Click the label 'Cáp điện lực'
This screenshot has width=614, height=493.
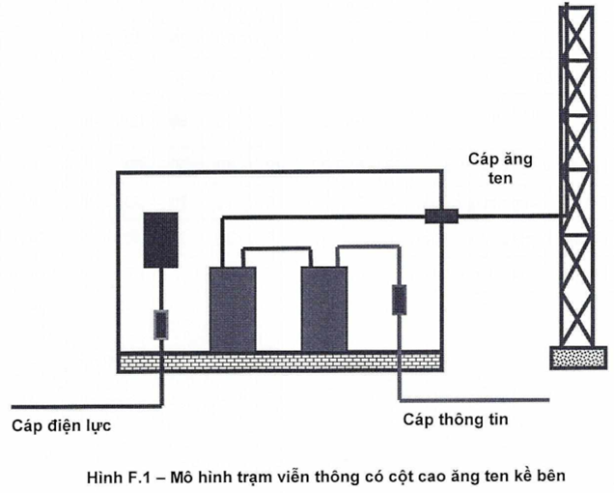[x=62, y=426]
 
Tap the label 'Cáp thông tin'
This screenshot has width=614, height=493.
[x=456, y=420]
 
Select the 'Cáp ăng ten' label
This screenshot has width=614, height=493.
[x=500, y=168]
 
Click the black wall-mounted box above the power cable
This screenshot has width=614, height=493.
[x=161, y=240]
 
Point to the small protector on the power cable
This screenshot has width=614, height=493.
[x=160, y=325]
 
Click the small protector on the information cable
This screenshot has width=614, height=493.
[x=400, y=300]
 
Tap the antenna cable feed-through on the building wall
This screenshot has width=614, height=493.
[x=442, y=217]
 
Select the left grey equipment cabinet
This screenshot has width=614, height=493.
[x=233, y=309]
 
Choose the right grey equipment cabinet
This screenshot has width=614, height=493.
[x=324, y=309]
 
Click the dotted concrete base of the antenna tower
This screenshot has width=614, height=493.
[x=578, y=358]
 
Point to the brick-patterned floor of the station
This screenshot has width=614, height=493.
[x=280, y=362]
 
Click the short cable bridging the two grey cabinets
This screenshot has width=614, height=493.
[x=277, y=248]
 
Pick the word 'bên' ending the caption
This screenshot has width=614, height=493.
[x=551, y=477]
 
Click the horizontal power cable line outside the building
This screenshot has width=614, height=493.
[x=86, y=406]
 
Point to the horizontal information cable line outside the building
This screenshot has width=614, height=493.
[x=474, y=400]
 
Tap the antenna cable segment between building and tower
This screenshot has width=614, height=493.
[x=510, y=216]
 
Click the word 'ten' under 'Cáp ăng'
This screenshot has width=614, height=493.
[x=500, y=179]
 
